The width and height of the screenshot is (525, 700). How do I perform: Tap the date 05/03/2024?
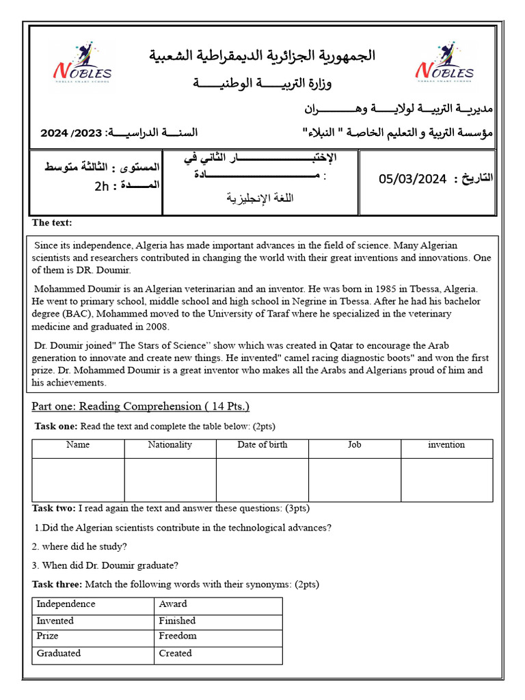(412, 179)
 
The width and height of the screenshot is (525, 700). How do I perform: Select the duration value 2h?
(103, 185)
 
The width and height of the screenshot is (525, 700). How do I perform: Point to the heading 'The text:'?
(52, 223)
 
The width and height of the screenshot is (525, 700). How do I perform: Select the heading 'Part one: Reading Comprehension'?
(140, 406)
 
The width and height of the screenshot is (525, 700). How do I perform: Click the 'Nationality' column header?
(170, 445)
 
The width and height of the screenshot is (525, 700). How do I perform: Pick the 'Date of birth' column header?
(262, 445)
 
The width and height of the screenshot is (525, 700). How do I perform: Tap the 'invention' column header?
(446, 445)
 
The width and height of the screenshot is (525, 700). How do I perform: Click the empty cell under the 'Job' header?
(354, 480)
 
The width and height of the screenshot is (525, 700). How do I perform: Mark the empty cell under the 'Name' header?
(78, 480)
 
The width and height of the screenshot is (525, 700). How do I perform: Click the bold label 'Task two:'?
(54, 509)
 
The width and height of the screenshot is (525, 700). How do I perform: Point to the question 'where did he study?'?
(79, 546)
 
